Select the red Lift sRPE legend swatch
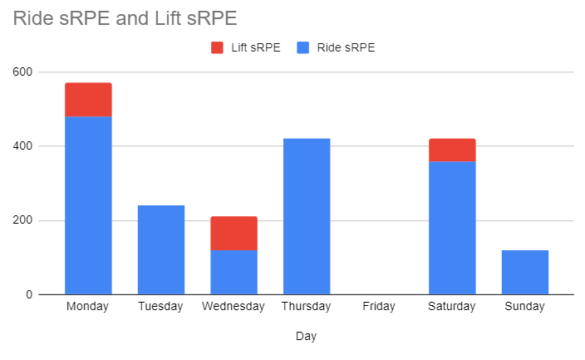tap(218, 47)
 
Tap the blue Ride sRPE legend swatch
tap(302, 47)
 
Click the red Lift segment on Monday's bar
tap(88, 99)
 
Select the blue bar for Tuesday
tap(160, 249)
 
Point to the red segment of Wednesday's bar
tap(234, 233)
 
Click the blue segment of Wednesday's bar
tap(234, 272)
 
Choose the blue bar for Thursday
tap(307, 216)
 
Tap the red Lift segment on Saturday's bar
tap(452, 150)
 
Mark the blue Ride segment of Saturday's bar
tap(452, 228)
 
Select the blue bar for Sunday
tap(525, 272)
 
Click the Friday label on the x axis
tap(379, 306)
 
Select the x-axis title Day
tap(306, 337)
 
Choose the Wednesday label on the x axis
tap(234, 306)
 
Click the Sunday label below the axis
tap(525, 306)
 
